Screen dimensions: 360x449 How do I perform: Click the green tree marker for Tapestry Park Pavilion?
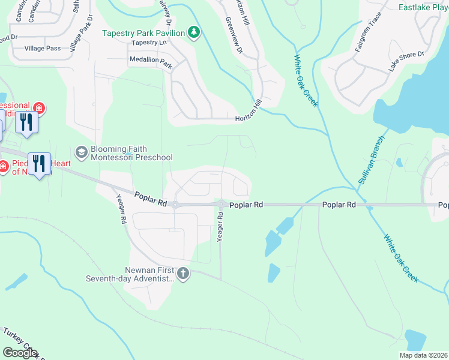point(194,32)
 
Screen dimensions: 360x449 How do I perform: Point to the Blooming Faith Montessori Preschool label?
point(131,154)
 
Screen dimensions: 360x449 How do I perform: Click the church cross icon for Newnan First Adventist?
point(183,274)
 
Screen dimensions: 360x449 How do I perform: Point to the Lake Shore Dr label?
point(406,62)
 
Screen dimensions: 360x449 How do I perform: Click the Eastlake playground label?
point(424,8)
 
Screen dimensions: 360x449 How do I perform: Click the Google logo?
point(20,353)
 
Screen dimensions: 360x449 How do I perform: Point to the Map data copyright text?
point(423,355)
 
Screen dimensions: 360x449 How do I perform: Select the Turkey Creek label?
point(22,343)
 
